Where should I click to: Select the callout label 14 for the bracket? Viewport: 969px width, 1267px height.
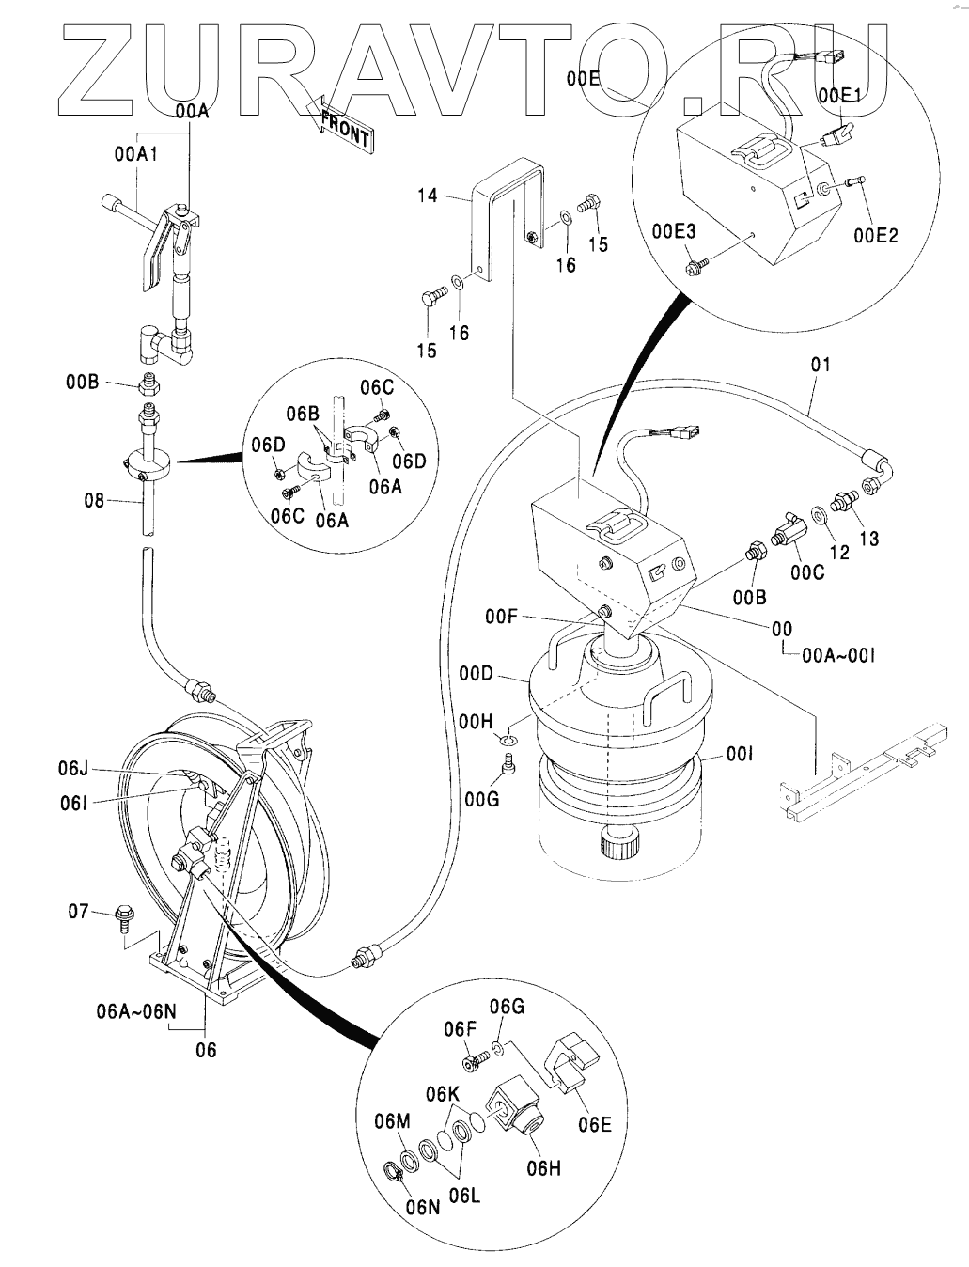pyautogui.click(x=429, y=196)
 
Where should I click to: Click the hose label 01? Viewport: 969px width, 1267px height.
pyautogui.click(x=821, y=364)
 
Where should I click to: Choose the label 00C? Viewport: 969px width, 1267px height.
pyautogui.click(x=806, y=572)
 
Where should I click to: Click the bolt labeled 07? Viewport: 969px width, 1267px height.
pyautogui.click(x=123, y=915)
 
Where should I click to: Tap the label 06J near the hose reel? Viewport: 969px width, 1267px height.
pyautogui.click(x=72, y=768)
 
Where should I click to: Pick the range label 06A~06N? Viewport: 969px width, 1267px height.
pyautogui.click(x=136, y=1012)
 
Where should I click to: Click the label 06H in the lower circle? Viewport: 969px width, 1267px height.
pyautogui.click(x=543, y=1168)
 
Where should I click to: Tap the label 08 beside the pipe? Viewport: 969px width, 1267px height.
pyautogui.click(x=94, y=501)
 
